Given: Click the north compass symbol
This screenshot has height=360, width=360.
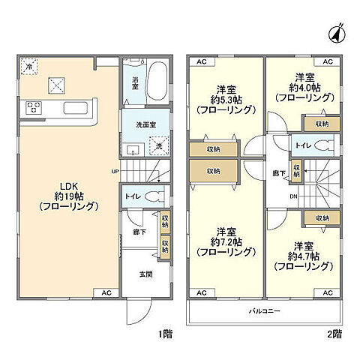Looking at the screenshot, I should tap(337, 32).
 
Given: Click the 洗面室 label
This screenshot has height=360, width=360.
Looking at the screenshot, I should tap(145, 124).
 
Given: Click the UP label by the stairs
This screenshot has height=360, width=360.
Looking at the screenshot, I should tap(115, 170).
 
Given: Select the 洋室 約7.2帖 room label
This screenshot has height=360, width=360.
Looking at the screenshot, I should tap(224, 241).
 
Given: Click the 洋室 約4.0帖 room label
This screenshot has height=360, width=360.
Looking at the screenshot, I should tap(303, 87).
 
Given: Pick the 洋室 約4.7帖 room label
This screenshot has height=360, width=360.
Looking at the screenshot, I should tap(303, 256).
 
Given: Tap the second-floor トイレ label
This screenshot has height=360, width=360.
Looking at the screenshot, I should tap(304, 145).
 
